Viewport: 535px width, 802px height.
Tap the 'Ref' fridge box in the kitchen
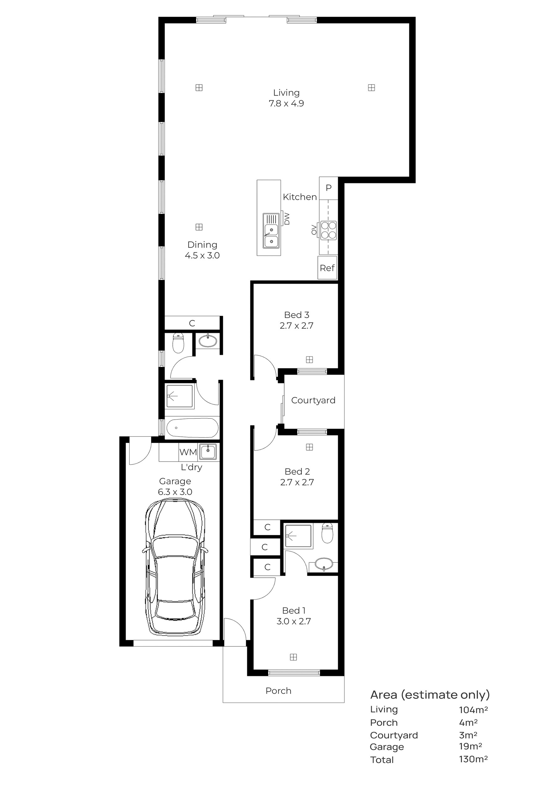click(x=328, y=268)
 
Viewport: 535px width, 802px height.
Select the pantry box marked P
click(x=328, y=188)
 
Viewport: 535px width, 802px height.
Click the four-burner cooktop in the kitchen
click(x=328, y=230)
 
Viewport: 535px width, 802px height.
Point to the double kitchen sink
click(x=271, y=231)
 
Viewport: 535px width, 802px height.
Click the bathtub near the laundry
click(x=192, y=428)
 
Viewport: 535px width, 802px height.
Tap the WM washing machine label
click(x=188, y=452)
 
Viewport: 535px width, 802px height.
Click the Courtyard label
click(x=313, y=400)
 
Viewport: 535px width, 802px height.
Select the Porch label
click(x=278, y=691)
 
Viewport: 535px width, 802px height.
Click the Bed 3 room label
click(x=296, y=315)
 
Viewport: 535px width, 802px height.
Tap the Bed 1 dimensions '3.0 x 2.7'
click(x=294, y=621)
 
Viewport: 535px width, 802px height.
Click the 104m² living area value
click(x=473, y=710)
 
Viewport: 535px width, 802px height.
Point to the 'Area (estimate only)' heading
click(x=430, y=695)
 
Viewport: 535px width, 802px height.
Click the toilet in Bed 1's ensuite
click(x=328, y=534)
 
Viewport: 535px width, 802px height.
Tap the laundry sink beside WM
click(x=208, y=452)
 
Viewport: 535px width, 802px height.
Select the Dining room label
click(x=202, y=245)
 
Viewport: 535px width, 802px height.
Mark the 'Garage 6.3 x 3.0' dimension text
click(x=175, y=487)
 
